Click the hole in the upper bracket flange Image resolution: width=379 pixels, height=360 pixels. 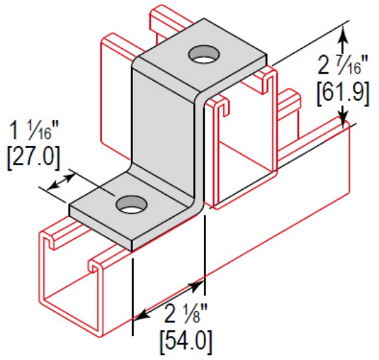(x=203, y=53)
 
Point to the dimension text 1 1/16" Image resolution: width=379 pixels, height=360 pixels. (x=32, y=130)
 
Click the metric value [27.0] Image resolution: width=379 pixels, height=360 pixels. (x=32, y=156)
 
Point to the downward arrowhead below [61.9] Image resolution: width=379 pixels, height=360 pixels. (x=342, y=120)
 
